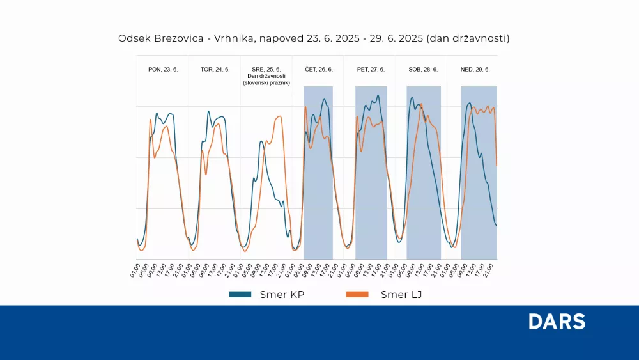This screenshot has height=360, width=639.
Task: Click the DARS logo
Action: (x=557, y=322)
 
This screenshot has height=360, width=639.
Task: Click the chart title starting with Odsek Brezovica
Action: (x=314, y=38)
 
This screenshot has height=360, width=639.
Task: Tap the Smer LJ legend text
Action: (x=401, y=295)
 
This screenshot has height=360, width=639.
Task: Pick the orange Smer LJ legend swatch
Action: (x=357, y=295)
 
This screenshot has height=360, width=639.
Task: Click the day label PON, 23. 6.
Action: (x=163, y=69)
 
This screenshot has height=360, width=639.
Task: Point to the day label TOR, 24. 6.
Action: (x=215, y=69)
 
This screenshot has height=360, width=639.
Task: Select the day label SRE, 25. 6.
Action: (x=266, y=69)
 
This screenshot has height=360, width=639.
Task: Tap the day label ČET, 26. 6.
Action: (x=318, y=69)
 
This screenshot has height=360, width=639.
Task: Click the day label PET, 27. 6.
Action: (x=369, y=69)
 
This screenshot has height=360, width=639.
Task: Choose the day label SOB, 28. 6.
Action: (x=423, y=69)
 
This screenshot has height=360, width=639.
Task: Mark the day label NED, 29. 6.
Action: (x=475, y=69)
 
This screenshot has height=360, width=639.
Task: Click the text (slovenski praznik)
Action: (x=266, y=83)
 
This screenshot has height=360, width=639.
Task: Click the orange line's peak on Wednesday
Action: (x=279, y=116)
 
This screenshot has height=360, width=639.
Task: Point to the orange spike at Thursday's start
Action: (x=305, y=106)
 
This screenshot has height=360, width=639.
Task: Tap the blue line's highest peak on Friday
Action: (x=378, y=96)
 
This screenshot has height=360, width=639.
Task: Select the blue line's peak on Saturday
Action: (x=412, y=98)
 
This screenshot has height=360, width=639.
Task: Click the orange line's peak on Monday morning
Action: (x=151, y=119)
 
